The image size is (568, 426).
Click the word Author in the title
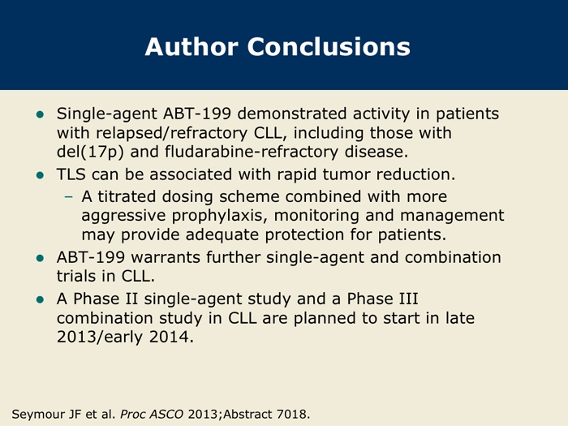click(191, 47)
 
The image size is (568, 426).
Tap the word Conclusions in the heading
click(329, 47)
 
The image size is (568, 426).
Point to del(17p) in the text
click(90, 152)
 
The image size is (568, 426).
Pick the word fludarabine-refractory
click(252, 152)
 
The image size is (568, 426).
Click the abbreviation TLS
click(71, 174)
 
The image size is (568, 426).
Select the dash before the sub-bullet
click(68, 197)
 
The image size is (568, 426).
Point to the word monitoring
click(316, 216)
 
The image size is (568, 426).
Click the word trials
click(77, 276)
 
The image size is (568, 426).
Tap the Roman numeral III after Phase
click(408, 299)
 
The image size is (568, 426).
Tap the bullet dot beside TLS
click(41, 176)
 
